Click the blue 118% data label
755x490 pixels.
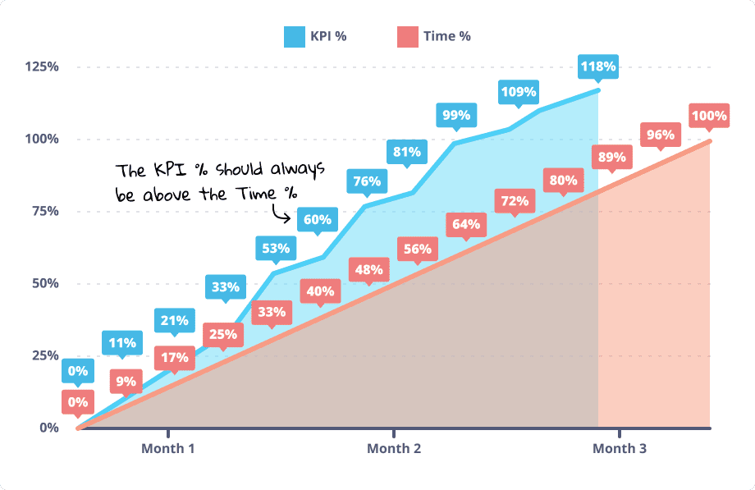(598, 66)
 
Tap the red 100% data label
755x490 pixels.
(708, 116)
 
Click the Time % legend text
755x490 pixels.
(446, 36)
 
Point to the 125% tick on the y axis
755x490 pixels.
(41, 66)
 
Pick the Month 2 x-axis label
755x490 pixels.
(394, 448)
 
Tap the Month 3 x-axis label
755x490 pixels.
(620, 448)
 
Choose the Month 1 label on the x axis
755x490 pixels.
(168, 448)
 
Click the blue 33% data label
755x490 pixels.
(225, 286)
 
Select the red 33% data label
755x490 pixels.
(272, 311)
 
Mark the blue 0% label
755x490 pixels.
(77, 371)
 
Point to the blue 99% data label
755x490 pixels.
(455, 115)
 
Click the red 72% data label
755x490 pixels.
(513, 200)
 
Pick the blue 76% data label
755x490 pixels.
(367, 181)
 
